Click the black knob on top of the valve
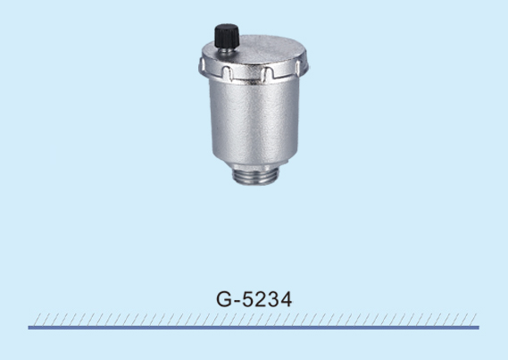227,36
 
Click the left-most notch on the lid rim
202,66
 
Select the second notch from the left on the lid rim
228,72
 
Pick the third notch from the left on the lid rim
268,74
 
